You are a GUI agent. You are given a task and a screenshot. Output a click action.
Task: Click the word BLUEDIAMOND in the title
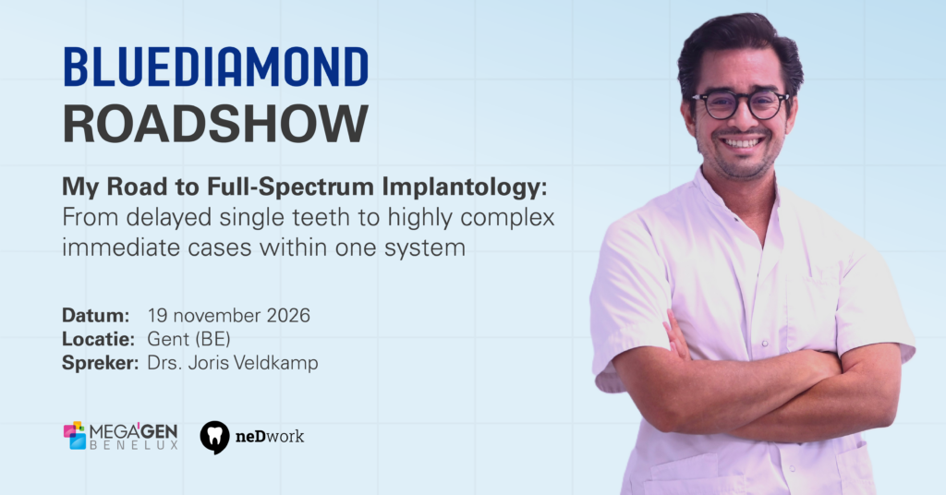(x=215, y=66)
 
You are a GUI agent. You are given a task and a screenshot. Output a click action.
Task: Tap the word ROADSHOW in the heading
(x=215, y=123)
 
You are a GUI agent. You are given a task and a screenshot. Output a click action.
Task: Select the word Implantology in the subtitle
(x=465, y=187)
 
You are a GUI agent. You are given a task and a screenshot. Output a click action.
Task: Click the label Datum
(x=96, y=315)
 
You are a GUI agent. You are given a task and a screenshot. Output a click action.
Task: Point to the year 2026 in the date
(x=288, y=315)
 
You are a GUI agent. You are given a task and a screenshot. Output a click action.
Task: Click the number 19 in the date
(x=157, y=315)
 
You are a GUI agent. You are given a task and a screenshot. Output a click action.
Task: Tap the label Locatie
(x=98, y=339)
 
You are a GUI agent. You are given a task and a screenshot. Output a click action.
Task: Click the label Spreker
(x=100, y=363)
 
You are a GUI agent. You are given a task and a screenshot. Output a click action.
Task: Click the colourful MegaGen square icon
(x=75, y=435)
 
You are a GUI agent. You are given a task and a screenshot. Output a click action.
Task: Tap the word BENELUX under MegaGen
(x=134, y=445)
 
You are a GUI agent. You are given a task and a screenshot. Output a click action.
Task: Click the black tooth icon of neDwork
(x=214, y=437)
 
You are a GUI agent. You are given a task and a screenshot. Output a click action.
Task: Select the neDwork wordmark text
(x=270, y=436)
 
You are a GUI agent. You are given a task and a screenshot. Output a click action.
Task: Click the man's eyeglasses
(x=740, y=104)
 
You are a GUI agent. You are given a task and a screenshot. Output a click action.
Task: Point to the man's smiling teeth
(x=742, y=143)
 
